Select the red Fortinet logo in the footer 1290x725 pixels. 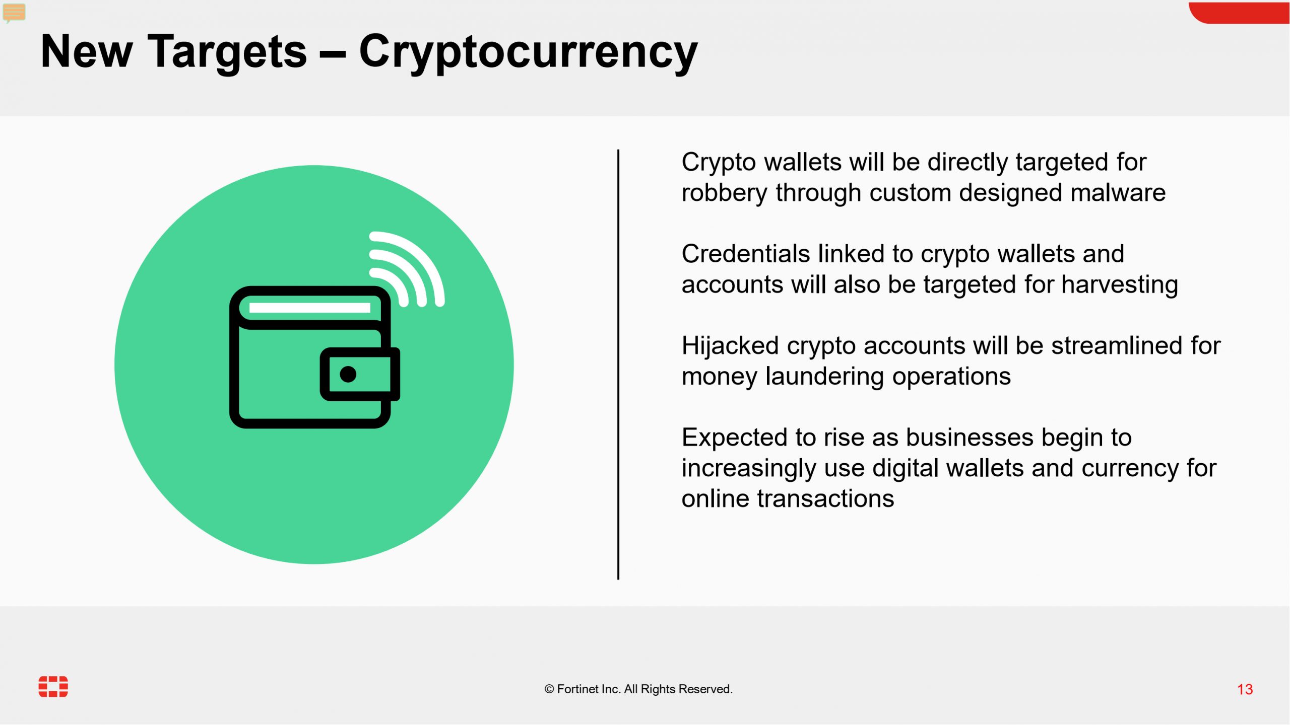tap(53, 687)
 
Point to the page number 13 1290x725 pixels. tap(1245, 689)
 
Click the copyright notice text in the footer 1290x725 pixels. tap(638, 689)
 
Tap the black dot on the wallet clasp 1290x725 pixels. tap(348, 374)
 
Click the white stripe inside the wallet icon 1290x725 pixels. tap(310, 308)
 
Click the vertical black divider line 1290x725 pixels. tap(618, 364)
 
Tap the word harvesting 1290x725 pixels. tap(1120, 285)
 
